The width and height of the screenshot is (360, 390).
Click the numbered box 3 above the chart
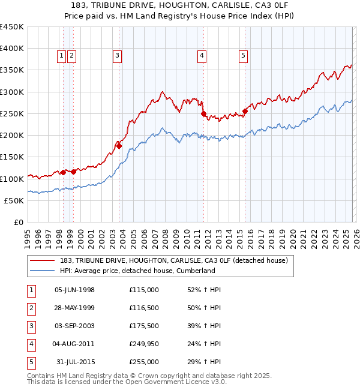pos(116,56)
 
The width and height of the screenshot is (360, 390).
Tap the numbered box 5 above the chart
pos(243,56)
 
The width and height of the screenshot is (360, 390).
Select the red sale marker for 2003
pos(119,146)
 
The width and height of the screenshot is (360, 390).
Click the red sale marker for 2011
pos(203,113)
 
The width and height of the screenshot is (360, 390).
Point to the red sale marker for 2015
pos(245,111)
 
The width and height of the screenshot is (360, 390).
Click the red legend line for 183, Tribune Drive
pos(43,260)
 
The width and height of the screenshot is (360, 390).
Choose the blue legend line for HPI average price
pos(43,271)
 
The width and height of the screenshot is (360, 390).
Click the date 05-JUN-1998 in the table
pos(74,290)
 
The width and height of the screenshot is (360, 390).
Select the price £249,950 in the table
pos(144,344)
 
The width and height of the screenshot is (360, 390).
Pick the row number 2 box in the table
pos(30,308)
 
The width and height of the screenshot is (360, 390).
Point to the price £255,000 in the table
pos(144,362)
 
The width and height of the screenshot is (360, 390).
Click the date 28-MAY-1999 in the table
pos(74,308)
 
